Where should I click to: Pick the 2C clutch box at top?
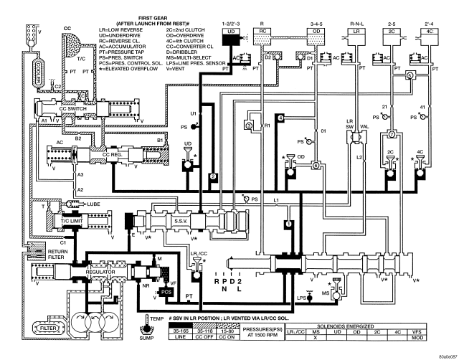[390, 32]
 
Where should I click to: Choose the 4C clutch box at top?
[426, 32]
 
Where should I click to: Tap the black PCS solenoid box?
[166, 293]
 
